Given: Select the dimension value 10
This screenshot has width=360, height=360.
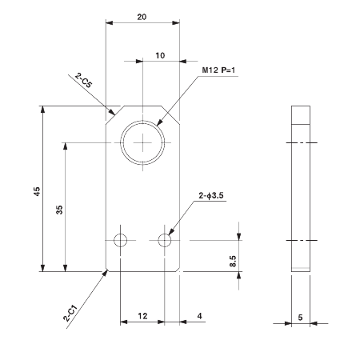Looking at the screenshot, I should click(160, 55).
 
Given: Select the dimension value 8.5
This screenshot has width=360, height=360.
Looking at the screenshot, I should click(232, 260).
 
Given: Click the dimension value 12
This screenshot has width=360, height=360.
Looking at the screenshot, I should click(142, 317).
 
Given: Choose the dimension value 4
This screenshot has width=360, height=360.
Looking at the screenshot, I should click(198, 317).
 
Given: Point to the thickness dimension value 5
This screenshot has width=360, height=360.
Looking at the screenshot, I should click(300, 317).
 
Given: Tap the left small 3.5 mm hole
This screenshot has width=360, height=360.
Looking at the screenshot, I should click(121, 240).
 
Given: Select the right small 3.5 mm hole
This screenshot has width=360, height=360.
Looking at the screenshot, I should click(165, 240).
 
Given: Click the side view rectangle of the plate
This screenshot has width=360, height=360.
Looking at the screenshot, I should click(300, 188).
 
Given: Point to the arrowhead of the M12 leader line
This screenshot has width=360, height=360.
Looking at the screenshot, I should click(161, 124).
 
